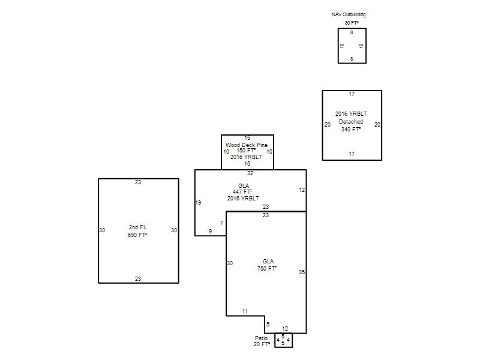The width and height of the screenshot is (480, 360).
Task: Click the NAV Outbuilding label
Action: (349, 14)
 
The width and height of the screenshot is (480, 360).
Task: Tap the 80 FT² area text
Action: (352, 23)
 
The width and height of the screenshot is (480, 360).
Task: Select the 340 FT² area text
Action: (351, 129)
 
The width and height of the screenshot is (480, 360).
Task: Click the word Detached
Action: (351, 122)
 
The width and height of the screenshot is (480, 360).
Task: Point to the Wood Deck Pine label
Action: (247, 145)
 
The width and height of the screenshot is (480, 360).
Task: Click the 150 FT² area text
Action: (246, 151)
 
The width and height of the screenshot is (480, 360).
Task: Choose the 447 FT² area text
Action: (242, 191)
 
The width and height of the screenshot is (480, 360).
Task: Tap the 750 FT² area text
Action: (267, 268)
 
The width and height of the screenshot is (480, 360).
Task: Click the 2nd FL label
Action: (137, 227)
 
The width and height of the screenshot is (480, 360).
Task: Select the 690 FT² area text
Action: (137, 235)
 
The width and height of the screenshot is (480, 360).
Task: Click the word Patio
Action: (261, 338)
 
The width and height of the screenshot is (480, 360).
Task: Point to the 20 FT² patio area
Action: (262, 344)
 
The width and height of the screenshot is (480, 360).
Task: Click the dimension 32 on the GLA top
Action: (250, 173)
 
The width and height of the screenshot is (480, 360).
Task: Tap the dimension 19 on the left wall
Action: (198, 202)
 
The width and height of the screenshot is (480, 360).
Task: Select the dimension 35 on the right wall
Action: (302, 272)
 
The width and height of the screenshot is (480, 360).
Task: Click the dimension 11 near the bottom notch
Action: (245, 311)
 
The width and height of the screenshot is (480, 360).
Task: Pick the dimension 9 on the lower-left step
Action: (210, 231)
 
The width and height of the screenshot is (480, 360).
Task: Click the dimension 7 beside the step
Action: (221, 223)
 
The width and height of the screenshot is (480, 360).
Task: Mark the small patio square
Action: (275, 340)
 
